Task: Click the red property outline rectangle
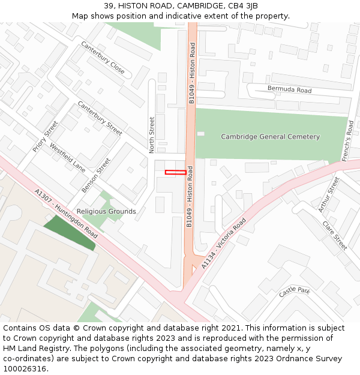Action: [x=175, y=173]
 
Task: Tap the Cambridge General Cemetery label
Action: [x=270, y=137]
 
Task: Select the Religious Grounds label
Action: [x=106, y=211]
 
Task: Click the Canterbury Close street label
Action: [x=103, y=58]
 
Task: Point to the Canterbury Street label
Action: [x=100, y=118]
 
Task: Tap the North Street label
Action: [x=152, y=134]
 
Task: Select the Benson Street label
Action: [x=96, y=175]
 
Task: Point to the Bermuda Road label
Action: [x=289, y=90]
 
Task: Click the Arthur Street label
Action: [x=329, y=195]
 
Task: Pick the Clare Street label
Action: [x=334, y=236]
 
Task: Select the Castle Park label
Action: [x=294, y=292]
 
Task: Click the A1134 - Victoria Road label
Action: [x=223, y=243]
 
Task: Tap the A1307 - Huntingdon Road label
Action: [x=66, y=214]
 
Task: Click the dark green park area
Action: [x=70, y=232]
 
